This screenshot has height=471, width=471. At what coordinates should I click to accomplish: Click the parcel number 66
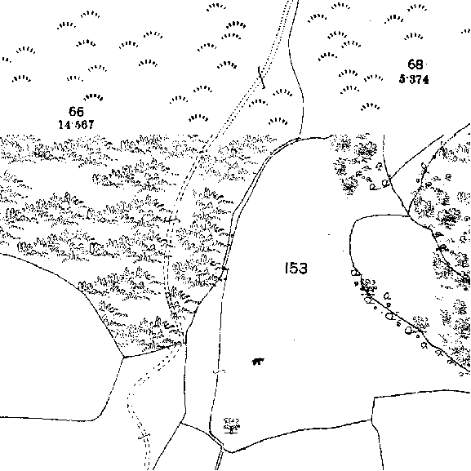click(x=76, y=112)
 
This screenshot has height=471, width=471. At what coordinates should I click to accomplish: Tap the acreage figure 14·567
click(x=76, y=124)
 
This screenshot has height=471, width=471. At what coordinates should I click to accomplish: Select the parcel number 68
click(x=415, y=64)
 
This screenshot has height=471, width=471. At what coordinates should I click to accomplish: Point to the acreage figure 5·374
click(x=414, y=79)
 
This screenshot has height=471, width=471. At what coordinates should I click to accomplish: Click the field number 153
click(x=296, y=269)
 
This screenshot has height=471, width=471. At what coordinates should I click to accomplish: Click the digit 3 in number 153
click(x=303, y=269)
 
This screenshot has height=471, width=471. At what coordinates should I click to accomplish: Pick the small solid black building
click(x=258, y=361)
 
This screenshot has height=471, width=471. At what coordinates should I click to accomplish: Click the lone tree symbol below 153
click(x=232, y=425)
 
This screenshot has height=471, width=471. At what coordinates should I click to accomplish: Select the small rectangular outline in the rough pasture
click(x=96, y=248)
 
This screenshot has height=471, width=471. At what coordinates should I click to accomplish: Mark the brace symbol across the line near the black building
click(x=220, y=372)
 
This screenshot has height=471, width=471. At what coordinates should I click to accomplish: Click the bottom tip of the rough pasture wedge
click(x=123, y=357)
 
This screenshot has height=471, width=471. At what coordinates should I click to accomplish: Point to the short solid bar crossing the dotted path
click(x=262, y=78)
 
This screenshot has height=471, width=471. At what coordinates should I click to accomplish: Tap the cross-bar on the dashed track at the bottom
click(x=144, y=435)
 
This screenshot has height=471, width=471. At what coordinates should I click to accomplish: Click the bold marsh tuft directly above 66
click(x=93, y=96)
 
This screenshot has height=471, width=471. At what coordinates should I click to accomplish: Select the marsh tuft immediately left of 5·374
click(x=373, y=78)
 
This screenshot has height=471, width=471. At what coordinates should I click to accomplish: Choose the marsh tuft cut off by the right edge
click(x=466, y=31)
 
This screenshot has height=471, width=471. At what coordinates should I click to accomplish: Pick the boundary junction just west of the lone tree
click(x=181, y=423)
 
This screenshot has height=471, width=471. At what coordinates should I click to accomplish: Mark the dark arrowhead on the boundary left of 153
click(x=224, y=269)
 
